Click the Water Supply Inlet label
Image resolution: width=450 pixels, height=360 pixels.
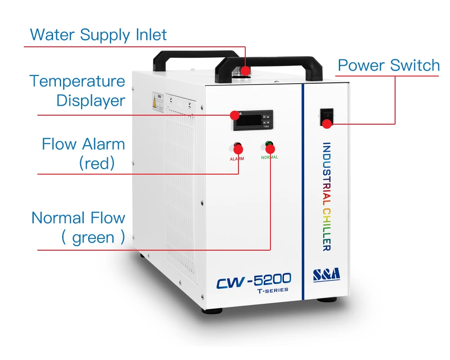click(x=98, y=35)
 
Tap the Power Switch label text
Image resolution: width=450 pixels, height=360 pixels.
click(x=388, y=65)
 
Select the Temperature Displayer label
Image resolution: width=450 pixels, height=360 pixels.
click(x=77, y=91)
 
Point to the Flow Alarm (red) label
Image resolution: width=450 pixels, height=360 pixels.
click(x=84, y=153)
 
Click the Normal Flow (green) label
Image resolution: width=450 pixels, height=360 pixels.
click(x=78, y=227)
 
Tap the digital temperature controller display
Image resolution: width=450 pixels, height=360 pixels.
click(x=253, y=121)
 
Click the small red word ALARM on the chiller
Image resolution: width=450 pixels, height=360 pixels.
click(x=237, y=159)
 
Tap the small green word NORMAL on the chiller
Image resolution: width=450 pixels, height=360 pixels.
click(x=270, y=157)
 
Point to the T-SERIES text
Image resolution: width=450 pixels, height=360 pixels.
click(x=272, y=290)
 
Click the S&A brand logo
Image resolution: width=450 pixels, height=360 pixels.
click(x=327, y=274)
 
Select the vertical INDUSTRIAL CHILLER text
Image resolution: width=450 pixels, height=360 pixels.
click(x=327, y=197)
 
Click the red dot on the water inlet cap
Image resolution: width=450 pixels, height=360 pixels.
click(x=245, y=71)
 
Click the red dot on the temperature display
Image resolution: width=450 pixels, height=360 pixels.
click(x=235, y=115)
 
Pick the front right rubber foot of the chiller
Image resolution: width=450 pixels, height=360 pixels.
click(x=326, y=299)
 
